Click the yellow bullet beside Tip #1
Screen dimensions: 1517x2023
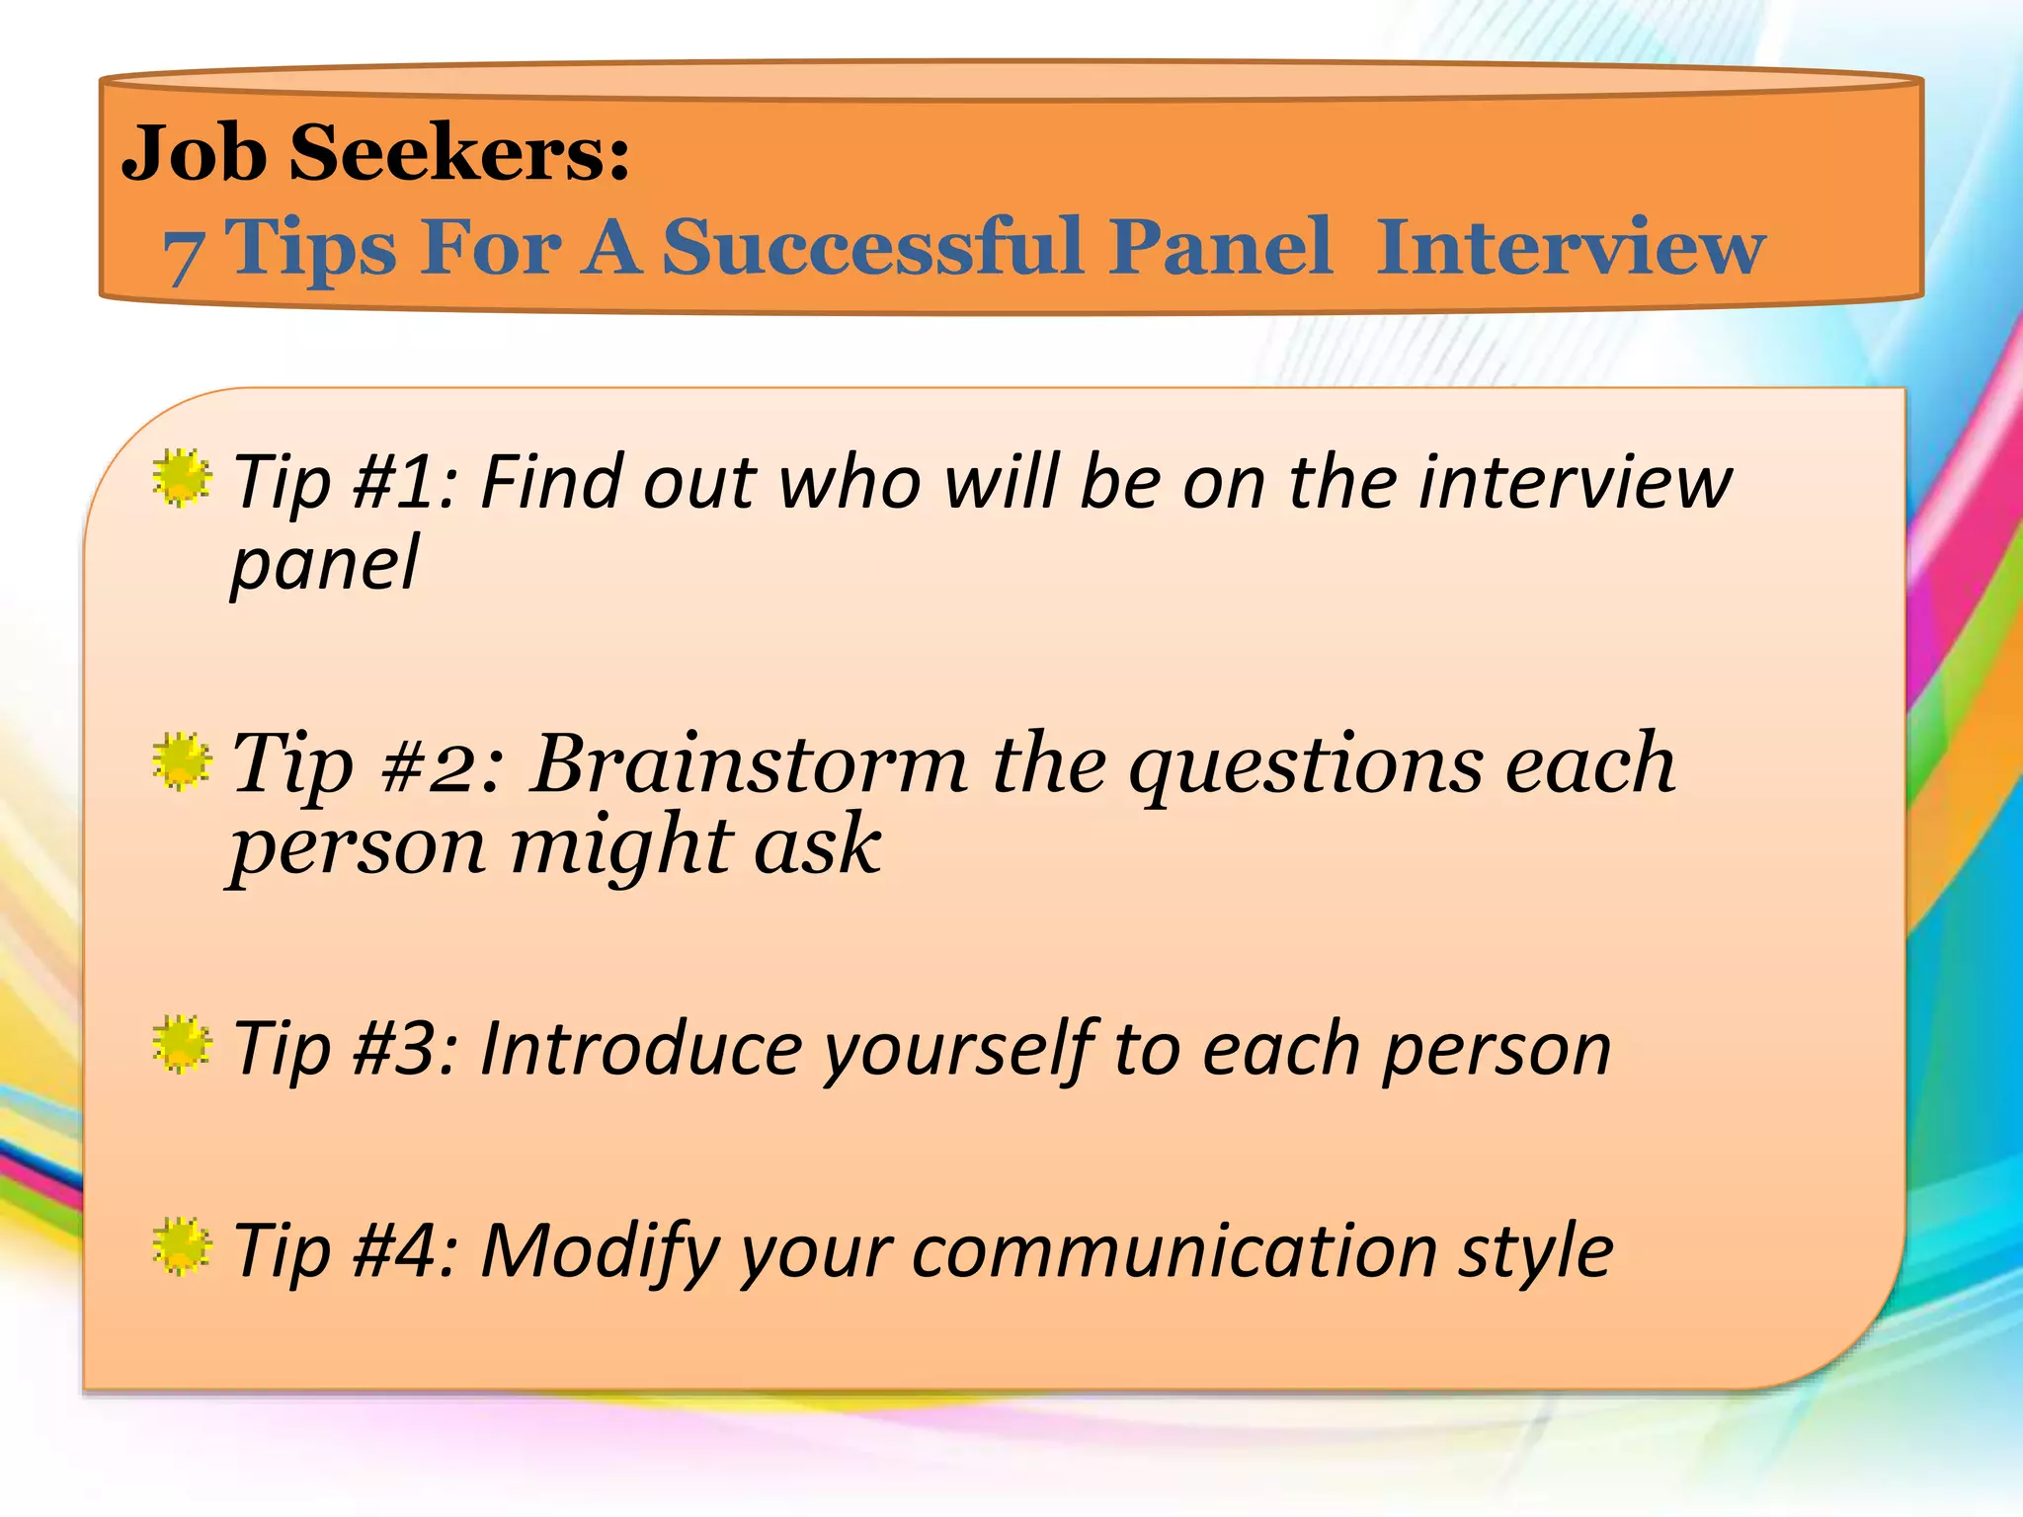coord(182,479)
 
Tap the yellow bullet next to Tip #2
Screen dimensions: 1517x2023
coord(182,761)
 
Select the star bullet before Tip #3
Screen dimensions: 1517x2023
coord(182,1045)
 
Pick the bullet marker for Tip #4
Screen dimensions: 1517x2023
coord(182,1247)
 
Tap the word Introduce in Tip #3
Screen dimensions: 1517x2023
coord(641,1049)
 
